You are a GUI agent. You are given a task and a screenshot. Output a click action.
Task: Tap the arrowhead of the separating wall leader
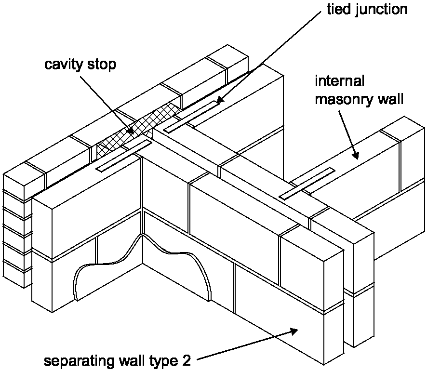(295, 331)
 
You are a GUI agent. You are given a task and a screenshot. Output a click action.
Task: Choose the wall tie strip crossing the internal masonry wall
(307, 183)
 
